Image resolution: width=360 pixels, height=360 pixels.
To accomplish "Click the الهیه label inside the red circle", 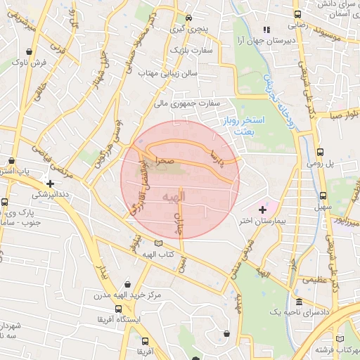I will click(172, 198).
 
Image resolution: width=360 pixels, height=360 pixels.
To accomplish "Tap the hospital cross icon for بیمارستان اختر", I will click(263, 210).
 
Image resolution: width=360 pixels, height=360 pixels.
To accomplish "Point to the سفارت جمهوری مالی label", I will click(188, 103).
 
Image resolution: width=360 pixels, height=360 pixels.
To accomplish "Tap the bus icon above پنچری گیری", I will click(188, 18).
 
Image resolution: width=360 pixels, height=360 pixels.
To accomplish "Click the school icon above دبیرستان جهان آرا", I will click(265, 30).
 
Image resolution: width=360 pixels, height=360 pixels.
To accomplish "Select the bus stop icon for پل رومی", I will click(321, 151).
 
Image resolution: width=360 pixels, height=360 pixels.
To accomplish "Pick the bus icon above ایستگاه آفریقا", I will click(117, 309).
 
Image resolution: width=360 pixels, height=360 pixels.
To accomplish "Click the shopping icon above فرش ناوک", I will click(29, 51).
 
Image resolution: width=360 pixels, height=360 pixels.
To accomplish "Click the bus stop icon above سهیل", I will click(323, 196).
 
